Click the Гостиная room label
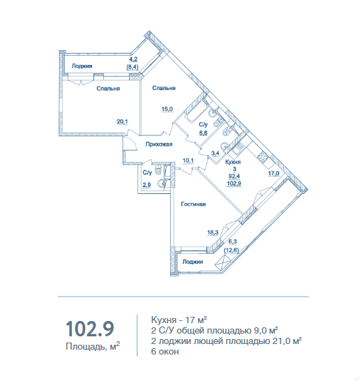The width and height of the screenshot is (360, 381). [193, 204]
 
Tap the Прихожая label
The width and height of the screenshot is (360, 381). [159, 144]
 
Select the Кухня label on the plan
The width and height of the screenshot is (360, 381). [233, 162]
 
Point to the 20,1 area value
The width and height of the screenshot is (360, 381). [122, 121]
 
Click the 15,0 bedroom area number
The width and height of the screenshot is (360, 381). [167, 109]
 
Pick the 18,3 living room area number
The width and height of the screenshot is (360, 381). [213, 232]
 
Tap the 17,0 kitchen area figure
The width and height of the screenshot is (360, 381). [273, 174]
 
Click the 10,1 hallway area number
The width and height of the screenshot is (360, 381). [188, 160]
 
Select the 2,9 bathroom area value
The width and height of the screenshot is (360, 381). [147, 185]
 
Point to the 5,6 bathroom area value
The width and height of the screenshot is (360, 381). [203, 133]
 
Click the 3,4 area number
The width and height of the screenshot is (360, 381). [216, 154]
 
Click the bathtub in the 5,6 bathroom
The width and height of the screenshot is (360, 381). [195, 110]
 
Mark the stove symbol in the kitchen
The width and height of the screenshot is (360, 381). [262, 157]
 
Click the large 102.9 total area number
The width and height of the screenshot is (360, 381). [90, 329]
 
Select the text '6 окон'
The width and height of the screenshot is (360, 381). [165, 352]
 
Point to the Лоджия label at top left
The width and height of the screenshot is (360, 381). [82, 66]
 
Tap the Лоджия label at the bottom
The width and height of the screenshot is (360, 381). [193, 262]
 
